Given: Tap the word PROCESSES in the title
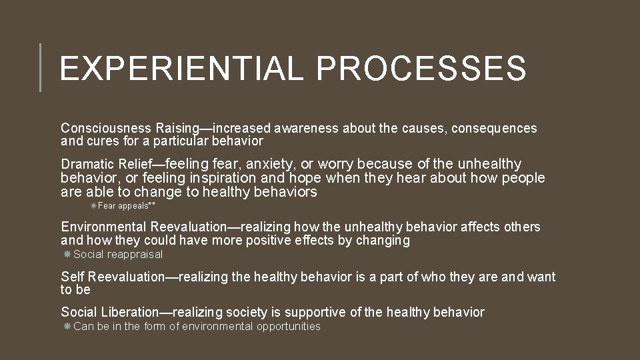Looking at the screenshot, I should pos(421,68).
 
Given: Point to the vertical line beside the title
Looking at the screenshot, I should pos(40,67).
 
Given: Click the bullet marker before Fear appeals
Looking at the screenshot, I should pos(93,206).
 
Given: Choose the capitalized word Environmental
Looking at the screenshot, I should pos(104,227).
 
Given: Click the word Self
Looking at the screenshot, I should pos(73,277).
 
